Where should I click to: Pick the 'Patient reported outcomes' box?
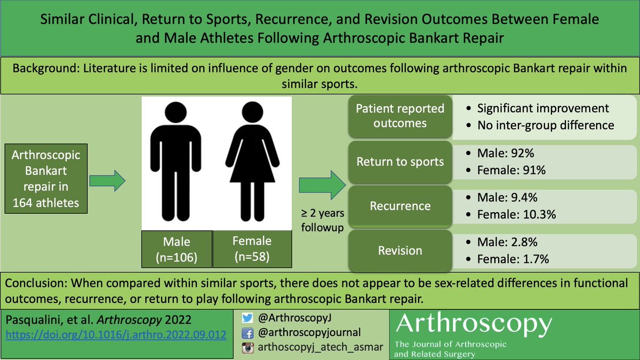tap(400, 116)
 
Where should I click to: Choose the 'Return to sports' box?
tap(400, 162)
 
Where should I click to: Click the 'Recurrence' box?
tap(400, 206)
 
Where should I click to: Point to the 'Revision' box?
tap(400, 251)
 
